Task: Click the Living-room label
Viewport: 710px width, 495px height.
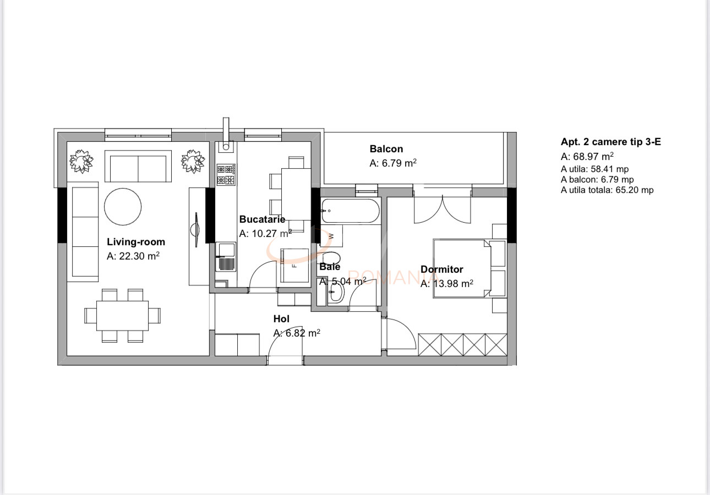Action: click(x=136, y=242)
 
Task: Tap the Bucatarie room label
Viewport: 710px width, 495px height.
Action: click(x=262, y=219)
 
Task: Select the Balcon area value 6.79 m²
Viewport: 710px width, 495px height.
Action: click(x=393, y=163)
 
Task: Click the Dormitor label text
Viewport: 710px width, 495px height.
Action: click(x=441, y=269)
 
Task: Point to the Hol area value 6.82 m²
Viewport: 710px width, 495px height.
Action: click(x=297, y=333)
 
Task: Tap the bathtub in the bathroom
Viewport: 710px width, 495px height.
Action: click(x=351, y=211)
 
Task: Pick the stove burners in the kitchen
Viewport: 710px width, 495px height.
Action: click(x=226, y=175)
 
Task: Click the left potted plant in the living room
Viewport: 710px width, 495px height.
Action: click(x=81, y=161)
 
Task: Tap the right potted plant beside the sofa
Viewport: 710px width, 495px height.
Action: click(x=193, y=161)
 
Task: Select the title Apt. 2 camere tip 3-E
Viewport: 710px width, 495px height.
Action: click(x=610, y=142)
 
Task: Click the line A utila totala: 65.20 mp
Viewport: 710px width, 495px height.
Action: click(x=607, y=190)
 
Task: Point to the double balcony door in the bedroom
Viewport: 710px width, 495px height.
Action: click(x=443, y=209)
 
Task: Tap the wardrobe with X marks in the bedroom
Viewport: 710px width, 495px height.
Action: click(x=462, y=344)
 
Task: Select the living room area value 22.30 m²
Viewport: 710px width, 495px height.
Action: click(x=133, y=256)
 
